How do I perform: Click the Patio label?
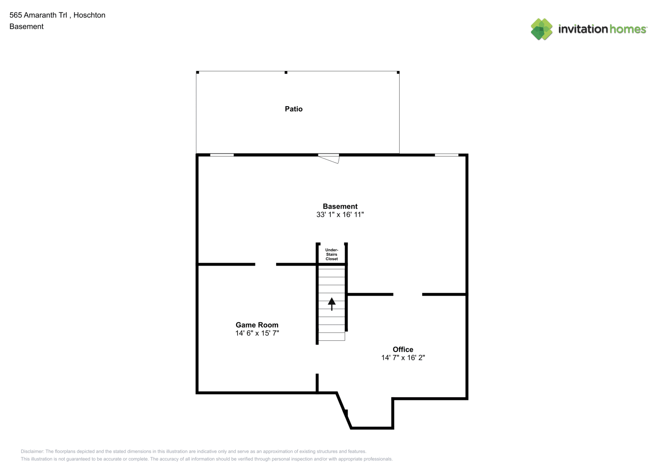tap(293, 109)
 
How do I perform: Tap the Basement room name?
tap(340, 206)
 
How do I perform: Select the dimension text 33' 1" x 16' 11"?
tap(340, 214)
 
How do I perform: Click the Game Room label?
tap(257, 325)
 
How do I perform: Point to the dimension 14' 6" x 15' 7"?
tap(257, 333)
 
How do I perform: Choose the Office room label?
tap(403, 349)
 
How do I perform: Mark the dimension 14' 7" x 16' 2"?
tap(403, 358)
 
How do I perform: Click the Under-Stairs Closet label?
tap(332, 254)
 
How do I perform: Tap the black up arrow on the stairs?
tap(332, 304)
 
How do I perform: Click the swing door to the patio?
tap(328, 158)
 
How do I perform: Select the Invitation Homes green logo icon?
tap(541, 29)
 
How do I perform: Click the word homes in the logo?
tap(627, 29)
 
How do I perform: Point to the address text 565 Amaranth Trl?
tap(38, 15)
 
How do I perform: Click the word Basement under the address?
tap(26, 26)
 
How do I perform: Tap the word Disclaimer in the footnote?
tap(32, 451)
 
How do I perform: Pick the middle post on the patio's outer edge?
tap(286, 72)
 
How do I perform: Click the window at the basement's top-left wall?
tap(222, 155)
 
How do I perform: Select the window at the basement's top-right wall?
tap(447, 155)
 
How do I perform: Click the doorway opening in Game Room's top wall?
tap(266, 264)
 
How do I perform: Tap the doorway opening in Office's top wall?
tap(408, 294)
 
